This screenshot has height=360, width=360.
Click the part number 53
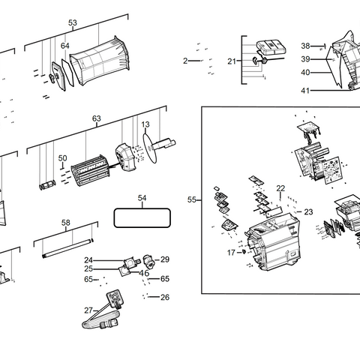coord(73,23)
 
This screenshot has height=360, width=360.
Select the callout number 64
coord(65,46)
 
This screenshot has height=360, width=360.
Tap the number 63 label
coord(97,118)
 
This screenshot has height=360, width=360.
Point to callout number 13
coord(145,124)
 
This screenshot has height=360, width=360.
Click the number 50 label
coord(63,158)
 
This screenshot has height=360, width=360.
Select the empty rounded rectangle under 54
coord(142,218)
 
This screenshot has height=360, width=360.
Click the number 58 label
coord(65,223)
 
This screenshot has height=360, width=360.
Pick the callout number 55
coord(192,200)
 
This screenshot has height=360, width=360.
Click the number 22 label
coord(280,188)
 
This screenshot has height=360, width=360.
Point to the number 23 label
coord(308,212)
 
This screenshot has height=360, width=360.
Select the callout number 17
coord(231,253)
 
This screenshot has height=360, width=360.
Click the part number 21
coord(232,61)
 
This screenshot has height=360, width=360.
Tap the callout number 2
coord(185,61)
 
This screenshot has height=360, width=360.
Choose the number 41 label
coord(305,90)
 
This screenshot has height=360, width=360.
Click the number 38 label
coord(305,46)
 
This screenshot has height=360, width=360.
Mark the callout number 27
coord(88,310)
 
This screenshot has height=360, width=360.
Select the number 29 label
coord(165,259)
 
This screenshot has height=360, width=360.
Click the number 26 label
coord(165,297)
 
